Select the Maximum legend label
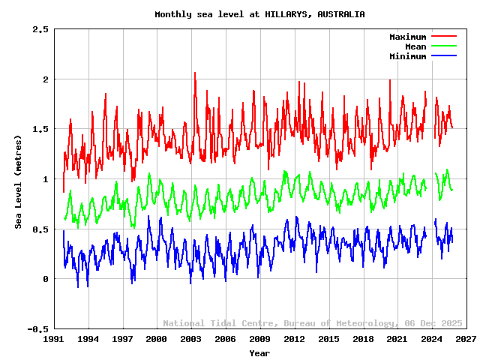click(x=407, y=37)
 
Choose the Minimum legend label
click(x=407, y=56)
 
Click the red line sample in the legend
click(x=443, y=37)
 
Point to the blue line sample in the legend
click(x=443, y=56)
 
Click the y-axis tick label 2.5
click(x=40, y=29)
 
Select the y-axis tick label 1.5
click(x=40, y=129)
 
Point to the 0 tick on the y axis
click(x=46, y=279)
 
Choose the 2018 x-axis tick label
click(x=363, y=340)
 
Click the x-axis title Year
click(x=259, y=352)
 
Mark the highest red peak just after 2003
click(x=195, y=73)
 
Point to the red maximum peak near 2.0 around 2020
click(x=389, y=79)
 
